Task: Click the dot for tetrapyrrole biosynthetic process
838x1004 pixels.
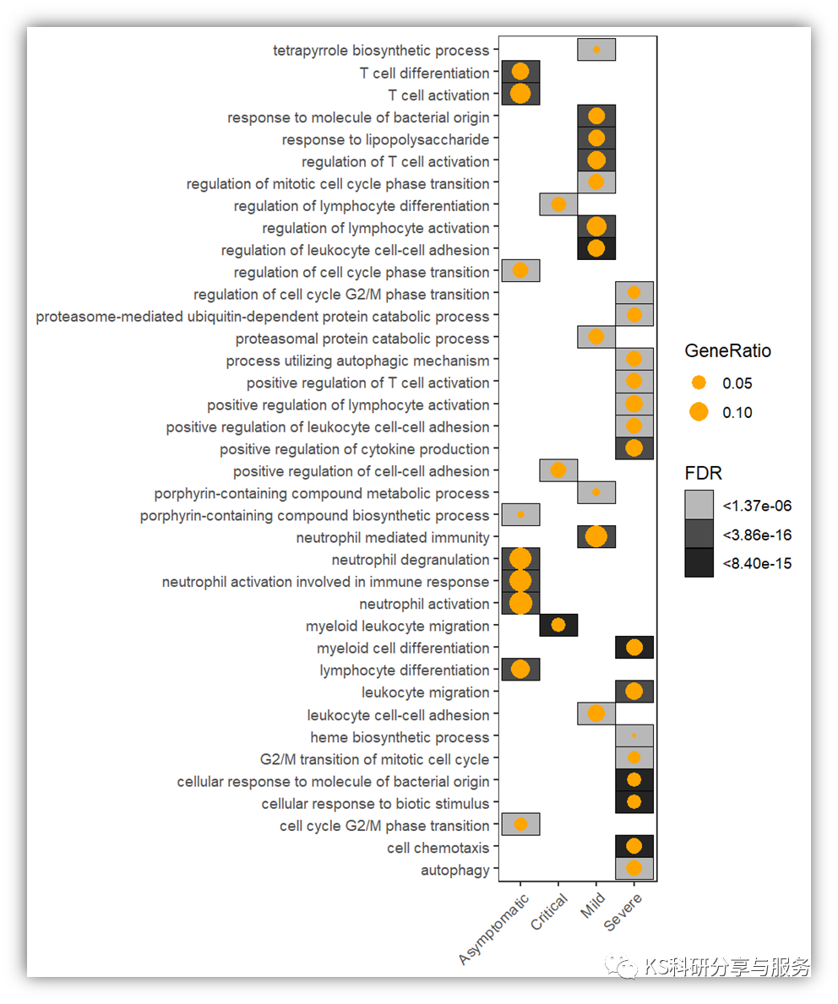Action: (x=596, y=50)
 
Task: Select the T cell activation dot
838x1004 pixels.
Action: (x=520, y=94)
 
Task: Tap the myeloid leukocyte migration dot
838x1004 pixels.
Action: (x=558, y=625)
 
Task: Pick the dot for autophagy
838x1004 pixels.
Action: (x=634, y=868)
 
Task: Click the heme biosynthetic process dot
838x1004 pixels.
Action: (x=634, y=735)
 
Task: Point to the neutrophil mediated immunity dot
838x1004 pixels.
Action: (x=596, y=536)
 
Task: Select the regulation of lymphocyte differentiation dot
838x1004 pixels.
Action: (x=558, y=204)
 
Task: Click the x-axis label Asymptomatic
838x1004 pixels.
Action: (x=495, y=928)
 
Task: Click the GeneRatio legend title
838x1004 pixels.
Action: (x=727, y=350)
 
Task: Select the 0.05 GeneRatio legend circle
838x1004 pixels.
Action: (x=699, y=383)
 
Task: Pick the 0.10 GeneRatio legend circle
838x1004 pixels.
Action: (x=699, y=412)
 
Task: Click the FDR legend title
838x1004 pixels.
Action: (x=703, y=473)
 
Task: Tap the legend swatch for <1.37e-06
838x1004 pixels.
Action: (x=699, y=505)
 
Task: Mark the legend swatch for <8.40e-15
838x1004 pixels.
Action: (x=699, y=562)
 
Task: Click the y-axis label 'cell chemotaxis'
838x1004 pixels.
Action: (x=438, y=848)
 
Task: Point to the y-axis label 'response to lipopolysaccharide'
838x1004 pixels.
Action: (x=385, y=139)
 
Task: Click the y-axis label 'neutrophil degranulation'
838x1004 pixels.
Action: (x=410, y=560)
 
